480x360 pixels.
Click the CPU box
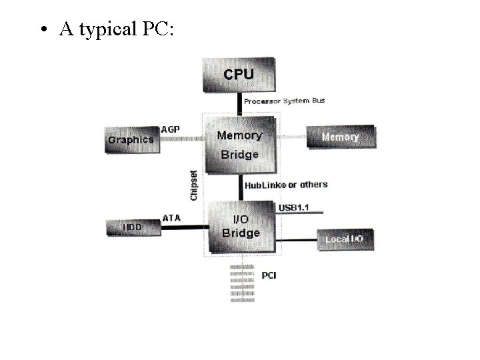point(238,75)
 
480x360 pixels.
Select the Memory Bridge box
point(239,145)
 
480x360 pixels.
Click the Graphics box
point(131,140)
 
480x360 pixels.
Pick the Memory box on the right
point(340,137)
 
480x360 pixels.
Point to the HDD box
point(132,227)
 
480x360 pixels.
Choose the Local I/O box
point(344,239)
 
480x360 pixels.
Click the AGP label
point(171,129)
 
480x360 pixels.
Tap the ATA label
point(171,218)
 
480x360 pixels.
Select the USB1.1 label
point(293,207)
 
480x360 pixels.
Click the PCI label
point(269,275)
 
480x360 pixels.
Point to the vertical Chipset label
point(193,185)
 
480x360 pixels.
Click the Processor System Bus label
point(284,101)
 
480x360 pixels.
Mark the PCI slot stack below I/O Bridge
point(242,283)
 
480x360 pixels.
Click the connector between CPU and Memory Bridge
point(239,103)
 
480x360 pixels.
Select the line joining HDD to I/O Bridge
point(182,228)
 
